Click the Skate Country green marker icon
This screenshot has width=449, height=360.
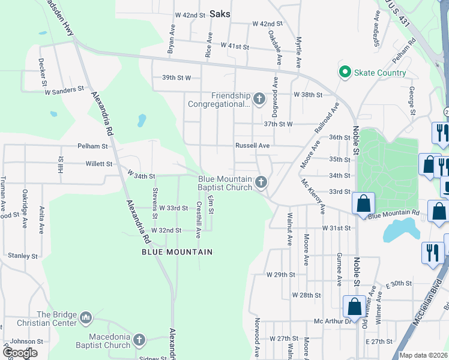(345, 73)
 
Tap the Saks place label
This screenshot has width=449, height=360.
(220, 14)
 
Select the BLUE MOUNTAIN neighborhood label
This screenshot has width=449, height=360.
(177, 252)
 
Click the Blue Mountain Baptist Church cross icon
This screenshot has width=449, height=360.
(261, 182)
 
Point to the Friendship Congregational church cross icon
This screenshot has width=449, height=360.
(259, 98)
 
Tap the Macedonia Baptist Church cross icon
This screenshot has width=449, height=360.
(139, 340)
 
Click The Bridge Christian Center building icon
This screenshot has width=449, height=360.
(85, 317)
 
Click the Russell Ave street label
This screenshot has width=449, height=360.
(252, 145)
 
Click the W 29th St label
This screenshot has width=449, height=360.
(281, 274)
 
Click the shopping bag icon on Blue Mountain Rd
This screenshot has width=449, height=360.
(364, 203)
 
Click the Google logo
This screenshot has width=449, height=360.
(20, 353)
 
